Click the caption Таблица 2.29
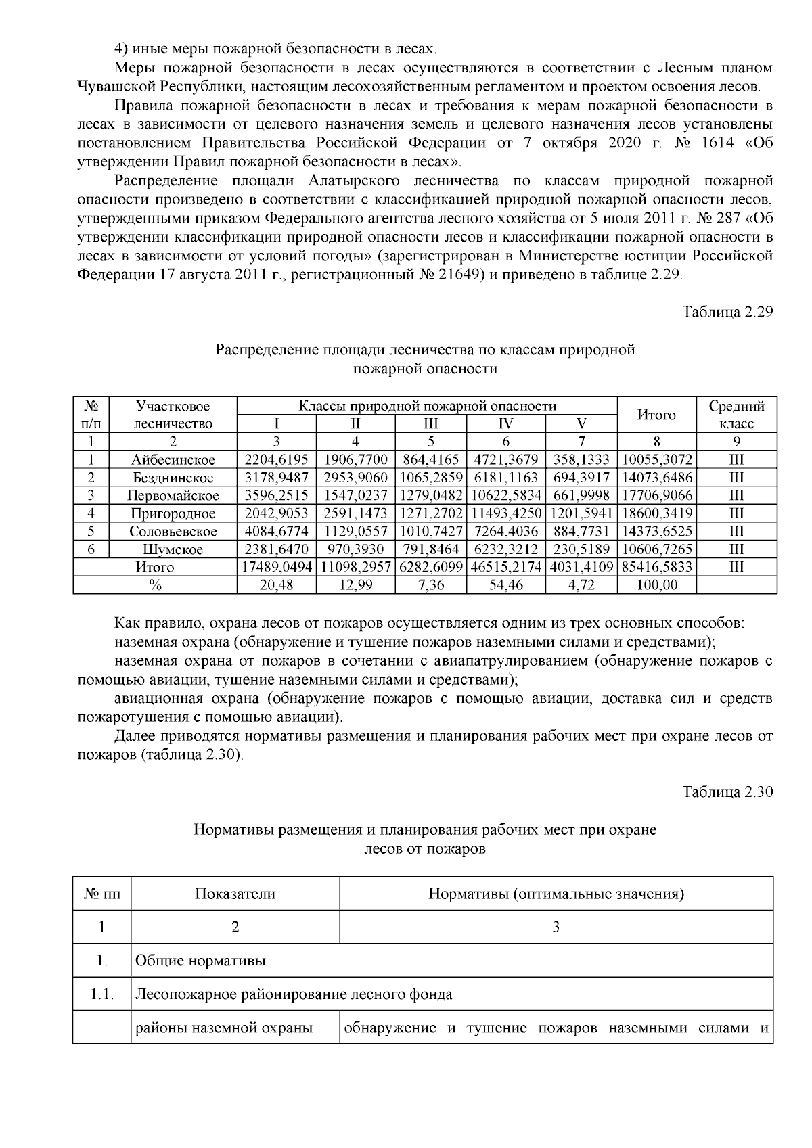point(727,312)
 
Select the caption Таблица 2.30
point(727,791)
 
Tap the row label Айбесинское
point(173,460)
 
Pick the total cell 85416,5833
point(656,567)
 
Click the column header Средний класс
point(736,415)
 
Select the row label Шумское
point(173,549)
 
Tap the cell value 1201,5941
point(581,513)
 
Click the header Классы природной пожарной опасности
point(427,406)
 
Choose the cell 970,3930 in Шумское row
point(355,549)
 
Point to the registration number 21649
point(457,275)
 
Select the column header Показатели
point(235,894)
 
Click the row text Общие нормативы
point(200,961)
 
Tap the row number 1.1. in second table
point(102,994)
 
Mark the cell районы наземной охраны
point(224,1028)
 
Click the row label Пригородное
point(173,513)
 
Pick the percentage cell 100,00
point(656,585)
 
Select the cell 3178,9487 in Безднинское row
point(276,478)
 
